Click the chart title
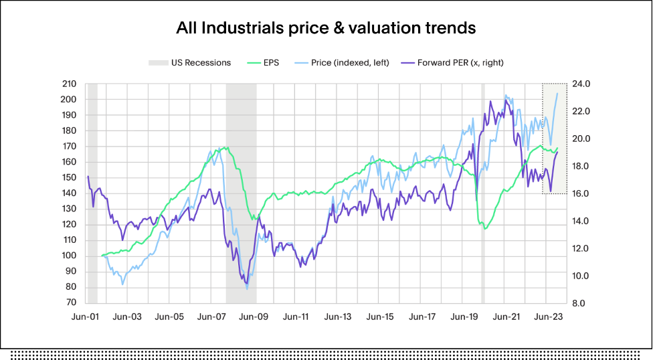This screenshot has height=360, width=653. tap(326, 28)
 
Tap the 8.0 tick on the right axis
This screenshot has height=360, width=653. tap(579, 303)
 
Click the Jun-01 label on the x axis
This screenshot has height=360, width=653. tap(86, 317)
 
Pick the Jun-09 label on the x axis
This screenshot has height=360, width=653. tap(253, 317)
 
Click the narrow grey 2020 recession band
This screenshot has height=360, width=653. tap(482, 194)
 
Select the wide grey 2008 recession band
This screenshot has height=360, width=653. tap(241, 194)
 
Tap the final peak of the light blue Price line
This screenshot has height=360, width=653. tap(558, 93)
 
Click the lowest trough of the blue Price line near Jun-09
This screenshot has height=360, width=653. tap(247, 288)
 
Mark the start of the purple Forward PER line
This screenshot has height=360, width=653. tap(88, 176)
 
